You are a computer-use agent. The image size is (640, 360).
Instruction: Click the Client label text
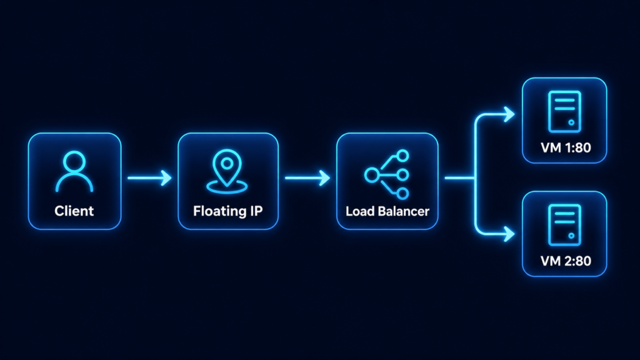pos(74,211)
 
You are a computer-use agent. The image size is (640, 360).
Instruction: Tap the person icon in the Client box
pos(74,171)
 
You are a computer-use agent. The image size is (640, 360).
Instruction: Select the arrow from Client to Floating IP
pos(149,178)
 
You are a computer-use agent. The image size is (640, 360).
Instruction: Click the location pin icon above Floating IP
pos(227,171)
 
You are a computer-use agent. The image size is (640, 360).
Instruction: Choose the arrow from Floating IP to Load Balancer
pos(307,178)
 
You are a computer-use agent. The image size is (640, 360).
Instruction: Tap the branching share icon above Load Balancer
pos(386,175)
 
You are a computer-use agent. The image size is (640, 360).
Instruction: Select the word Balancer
pos(403,211)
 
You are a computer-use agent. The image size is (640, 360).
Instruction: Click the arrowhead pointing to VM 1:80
pos(509,114)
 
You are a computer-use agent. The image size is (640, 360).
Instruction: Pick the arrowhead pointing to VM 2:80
pos(509,234)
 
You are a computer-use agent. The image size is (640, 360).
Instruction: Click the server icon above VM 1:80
pos(564,112)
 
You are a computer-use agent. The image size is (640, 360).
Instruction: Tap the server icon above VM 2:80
pos(564,225)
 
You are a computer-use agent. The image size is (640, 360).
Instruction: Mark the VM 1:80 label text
pos(566,147)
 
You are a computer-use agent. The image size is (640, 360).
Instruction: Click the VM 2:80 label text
pos(566,261)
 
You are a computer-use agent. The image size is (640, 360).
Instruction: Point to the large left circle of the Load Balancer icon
pos(371,176)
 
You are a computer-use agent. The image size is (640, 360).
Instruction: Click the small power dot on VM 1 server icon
pos(571,122)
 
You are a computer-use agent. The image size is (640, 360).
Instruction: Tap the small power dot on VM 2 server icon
pos(571,236)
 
